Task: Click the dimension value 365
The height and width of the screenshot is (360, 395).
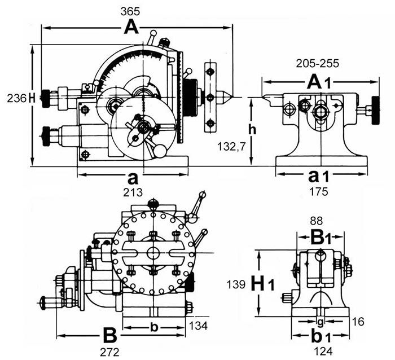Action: (x=130, y=12)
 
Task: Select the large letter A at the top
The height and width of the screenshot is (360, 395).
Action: (x=131, y=28)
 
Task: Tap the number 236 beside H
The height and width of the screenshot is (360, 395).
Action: (x=16, y=98)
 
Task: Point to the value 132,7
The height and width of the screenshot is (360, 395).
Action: (x=231, y=147)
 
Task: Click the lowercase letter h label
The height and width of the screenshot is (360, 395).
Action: (x=252, y=129)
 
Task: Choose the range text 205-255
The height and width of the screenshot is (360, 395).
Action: (x=317, y=64)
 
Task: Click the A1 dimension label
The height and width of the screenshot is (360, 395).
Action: (x=318, y=82)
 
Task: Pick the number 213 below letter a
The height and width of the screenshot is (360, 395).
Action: (x=133, y=193)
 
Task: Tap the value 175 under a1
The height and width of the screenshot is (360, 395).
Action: (x=319, y=192)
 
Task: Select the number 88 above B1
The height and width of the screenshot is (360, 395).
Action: (x=317, y=221)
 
